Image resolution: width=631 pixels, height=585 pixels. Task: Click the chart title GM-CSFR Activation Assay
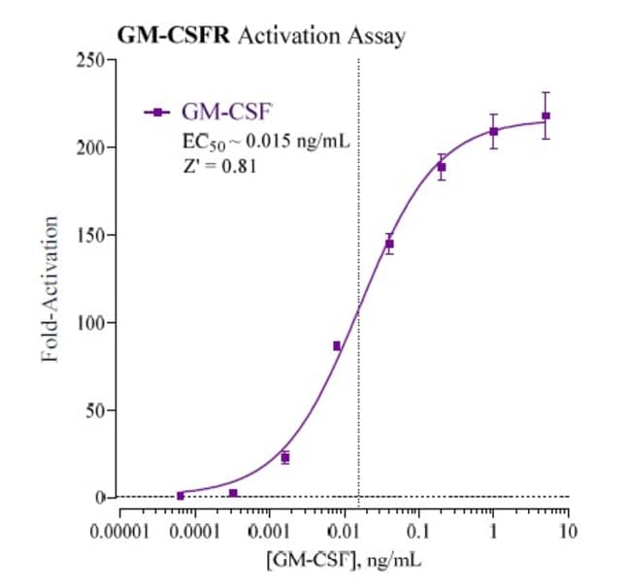coord(261,36)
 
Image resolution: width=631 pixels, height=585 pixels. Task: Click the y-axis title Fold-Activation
coord(51,289)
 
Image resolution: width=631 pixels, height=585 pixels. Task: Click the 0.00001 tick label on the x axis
coord(119,533)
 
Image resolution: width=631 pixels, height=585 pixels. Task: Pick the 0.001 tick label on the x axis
coord(269,533)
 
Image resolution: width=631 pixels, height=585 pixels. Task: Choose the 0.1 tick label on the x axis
coord(418,533)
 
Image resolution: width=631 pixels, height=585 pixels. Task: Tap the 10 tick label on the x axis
coord(569,533)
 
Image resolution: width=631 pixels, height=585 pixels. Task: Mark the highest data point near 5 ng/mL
coord(546,116)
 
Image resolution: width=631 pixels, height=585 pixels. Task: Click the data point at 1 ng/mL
coord(493,131)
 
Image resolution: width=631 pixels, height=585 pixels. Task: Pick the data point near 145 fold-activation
coord(389,244)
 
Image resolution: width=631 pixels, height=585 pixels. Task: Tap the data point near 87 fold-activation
coord(337,345)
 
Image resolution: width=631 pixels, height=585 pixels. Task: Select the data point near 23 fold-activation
coord(284,457)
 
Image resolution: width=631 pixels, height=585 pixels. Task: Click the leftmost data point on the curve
coord(181,496)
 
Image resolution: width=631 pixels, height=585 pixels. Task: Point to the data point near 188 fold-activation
coord(442,167)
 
